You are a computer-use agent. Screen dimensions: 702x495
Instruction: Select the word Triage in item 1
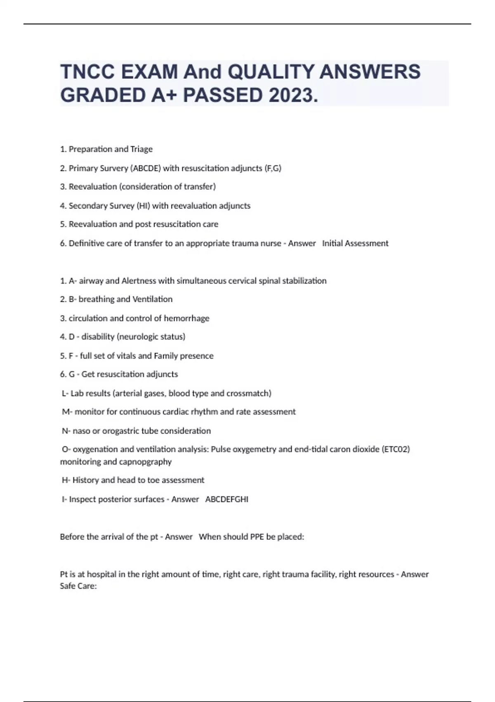click(141, 149)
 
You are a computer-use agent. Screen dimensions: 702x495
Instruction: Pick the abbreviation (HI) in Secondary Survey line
click(143, 206)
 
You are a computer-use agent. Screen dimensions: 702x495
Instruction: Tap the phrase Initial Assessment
click(355, 243)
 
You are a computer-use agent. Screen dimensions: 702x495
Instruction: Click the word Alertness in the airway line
click(139, 281)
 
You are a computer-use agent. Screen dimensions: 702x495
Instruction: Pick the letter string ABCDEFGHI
click(227, 499)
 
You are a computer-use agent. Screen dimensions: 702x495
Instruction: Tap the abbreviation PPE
click(257, 537)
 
